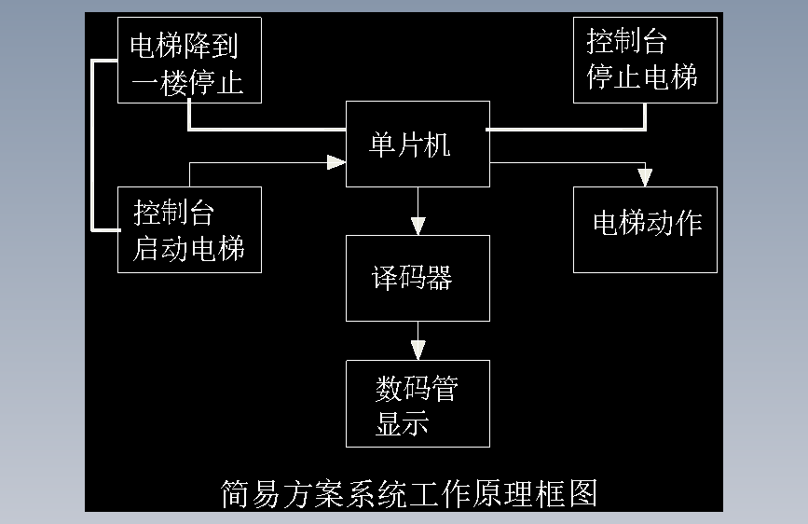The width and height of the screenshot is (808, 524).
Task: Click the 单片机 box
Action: [x=418, y=145]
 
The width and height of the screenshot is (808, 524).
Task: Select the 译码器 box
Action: [x=418, y=278]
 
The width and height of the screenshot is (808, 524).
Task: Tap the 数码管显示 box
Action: [x=418, y=404]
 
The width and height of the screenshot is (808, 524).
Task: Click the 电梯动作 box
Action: [x=645, y=229]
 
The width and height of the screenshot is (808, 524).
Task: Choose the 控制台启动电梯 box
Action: [x=189, y=229]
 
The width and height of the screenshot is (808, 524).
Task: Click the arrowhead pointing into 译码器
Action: [x=418, y=225]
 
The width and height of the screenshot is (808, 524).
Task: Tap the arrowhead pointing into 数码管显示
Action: [x=418, y=350]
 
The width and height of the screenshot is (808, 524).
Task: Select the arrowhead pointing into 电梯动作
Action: [x=645, y=177]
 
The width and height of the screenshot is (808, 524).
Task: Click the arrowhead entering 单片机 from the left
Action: [x=336, y=162]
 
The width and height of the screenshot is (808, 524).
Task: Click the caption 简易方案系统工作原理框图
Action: [x=408, y=492]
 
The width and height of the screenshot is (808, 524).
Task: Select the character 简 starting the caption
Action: [x=234, y=492]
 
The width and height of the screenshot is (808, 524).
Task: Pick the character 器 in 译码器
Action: [x=439, y=278]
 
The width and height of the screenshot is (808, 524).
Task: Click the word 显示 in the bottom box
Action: [x=402, y=423]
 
